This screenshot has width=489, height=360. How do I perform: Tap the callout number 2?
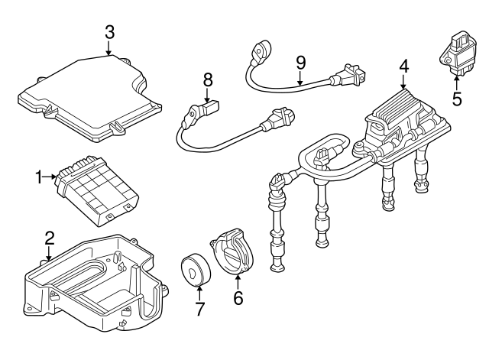(49, 238)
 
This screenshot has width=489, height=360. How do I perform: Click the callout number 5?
(456, 99)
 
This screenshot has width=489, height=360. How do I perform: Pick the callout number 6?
(238, 298)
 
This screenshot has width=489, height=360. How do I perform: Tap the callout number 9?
(300, 60)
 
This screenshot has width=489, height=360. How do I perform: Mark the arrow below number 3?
(109, 47)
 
